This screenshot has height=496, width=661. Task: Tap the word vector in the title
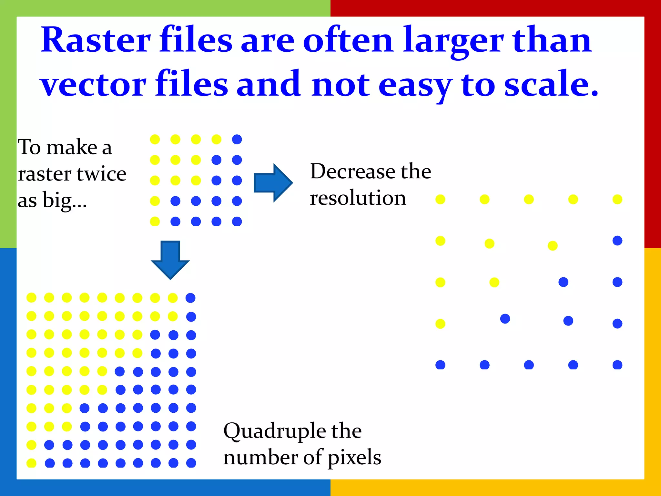(x=93, y=85)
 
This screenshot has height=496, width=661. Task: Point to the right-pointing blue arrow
(x=273, y=183)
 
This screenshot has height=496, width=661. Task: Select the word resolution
(x=358, y=198)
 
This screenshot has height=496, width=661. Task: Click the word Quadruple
(x=274, y=431)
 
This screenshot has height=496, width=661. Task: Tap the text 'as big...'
(x=52, y=201)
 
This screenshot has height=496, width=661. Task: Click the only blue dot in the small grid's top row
(x=237, y=139)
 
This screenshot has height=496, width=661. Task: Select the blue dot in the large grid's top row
(x=190, y=298)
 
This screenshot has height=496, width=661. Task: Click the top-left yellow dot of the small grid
(x=155, y=139)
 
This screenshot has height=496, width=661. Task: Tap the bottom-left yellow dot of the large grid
(x=31, y=463)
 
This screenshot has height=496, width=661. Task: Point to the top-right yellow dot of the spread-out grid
(x=617, y=200)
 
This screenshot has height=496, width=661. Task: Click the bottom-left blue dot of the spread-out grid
(x=440, y=365)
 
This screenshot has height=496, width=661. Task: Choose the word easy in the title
(x=415, y=85)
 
